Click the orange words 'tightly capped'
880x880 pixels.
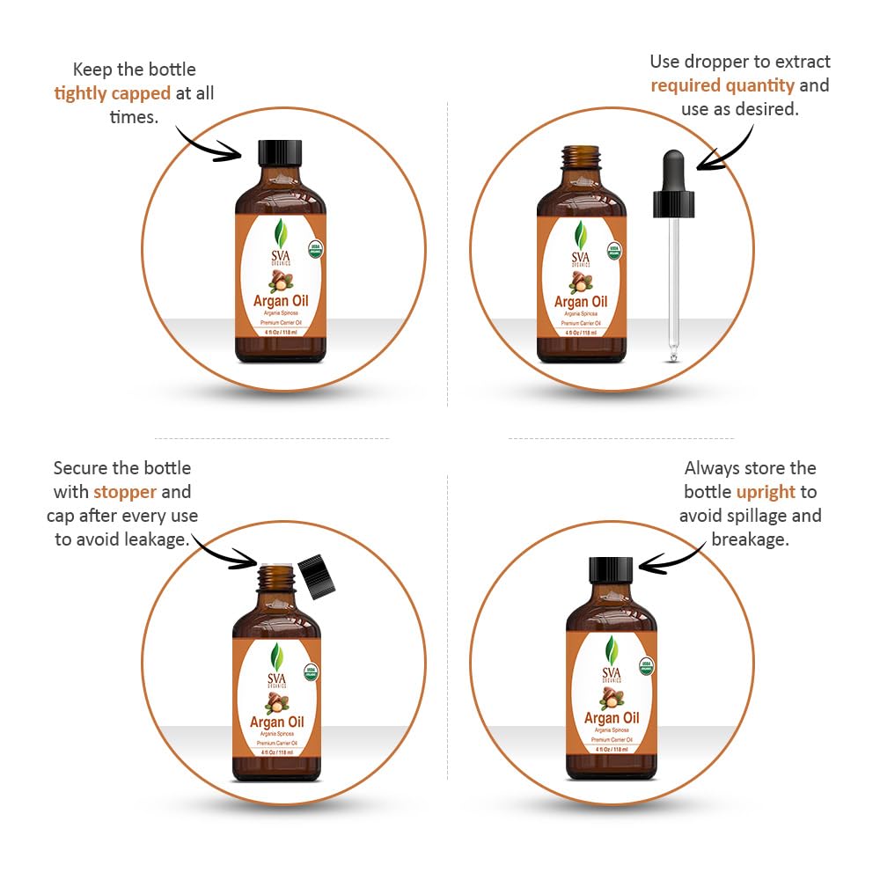(112, 92)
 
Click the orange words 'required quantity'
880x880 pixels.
(722, 85)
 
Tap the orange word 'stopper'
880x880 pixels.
(125, 491)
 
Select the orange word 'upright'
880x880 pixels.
(766, 492)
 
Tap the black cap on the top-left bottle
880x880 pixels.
(280, 154)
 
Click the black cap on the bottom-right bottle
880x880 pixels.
(612, 570)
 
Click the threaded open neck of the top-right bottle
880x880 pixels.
(581, 158)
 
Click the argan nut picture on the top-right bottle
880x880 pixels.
(580, 282)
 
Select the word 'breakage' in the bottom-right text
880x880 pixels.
(749, 539)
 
